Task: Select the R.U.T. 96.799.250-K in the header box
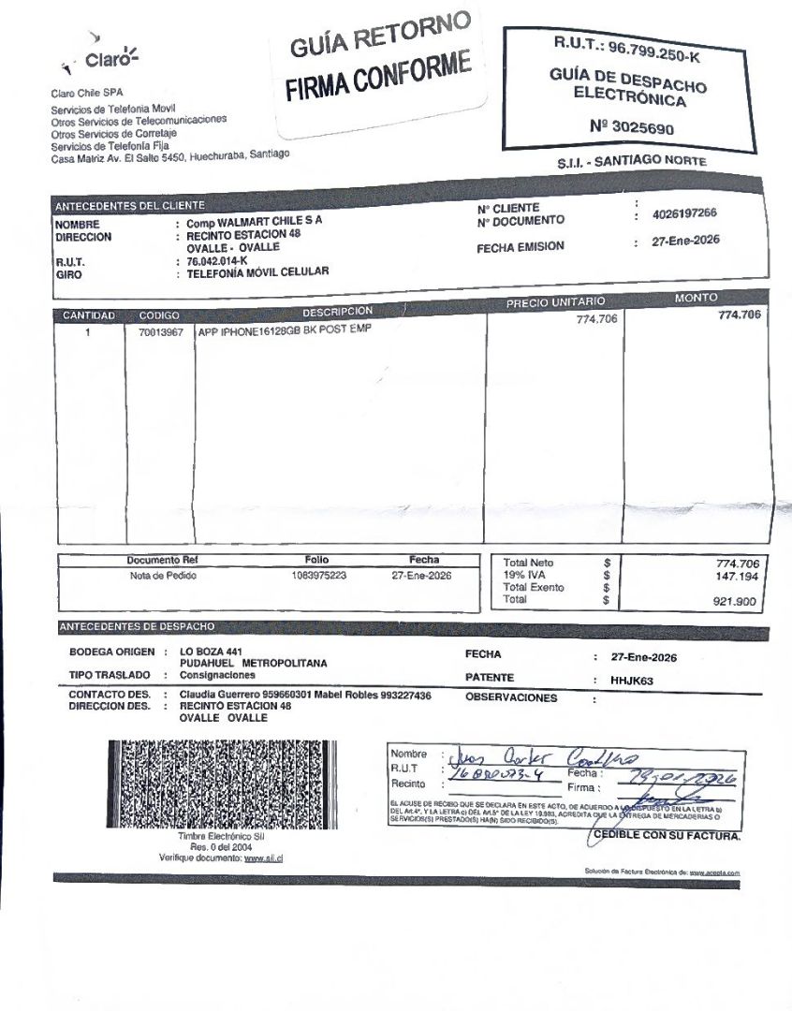(627, 50)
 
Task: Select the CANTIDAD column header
(88, 315)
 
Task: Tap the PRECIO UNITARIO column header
(555, 302)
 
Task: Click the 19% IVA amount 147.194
(736, 577)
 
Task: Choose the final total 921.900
(735, 602)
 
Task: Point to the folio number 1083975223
(319, 576)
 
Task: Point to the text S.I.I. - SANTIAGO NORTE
(632, 162)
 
